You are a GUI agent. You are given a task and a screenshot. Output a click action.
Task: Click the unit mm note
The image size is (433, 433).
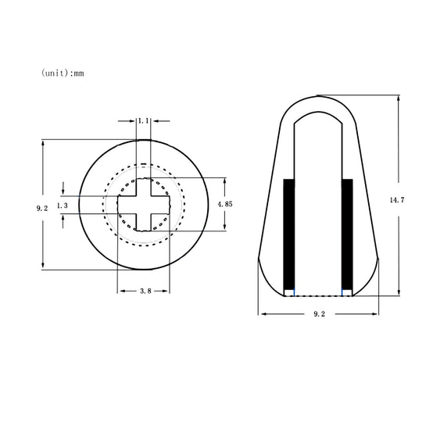(63, 73)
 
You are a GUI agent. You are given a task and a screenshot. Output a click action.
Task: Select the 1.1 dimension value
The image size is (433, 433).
(143, 120)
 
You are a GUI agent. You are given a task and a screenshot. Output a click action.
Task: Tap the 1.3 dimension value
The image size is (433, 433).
(62, 206)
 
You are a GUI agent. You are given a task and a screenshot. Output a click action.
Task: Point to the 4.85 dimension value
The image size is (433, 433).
(225, 204)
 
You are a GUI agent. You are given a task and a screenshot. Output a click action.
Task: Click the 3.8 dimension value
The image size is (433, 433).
(145, 291)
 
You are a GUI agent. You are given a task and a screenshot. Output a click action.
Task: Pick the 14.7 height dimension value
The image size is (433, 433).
(397, 199)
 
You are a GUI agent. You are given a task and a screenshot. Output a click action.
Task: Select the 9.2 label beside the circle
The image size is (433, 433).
(42, 208)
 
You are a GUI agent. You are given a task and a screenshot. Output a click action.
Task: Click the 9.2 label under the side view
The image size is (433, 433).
(319, 314)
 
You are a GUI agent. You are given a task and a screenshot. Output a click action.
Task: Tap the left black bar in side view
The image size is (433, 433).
(289, 234)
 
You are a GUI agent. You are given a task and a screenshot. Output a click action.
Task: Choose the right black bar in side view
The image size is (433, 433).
(347, 234)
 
